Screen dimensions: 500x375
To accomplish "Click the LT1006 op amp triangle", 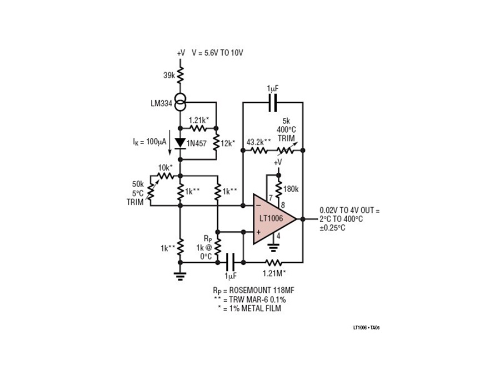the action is click(x=273, y=219).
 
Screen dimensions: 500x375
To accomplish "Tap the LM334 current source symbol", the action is click(x=181, y=102).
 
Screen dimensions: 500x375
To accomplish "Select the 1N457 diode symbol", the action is click(x=181, y=143).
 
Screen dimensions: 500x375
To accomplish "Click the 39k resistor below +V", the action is click(x=181, y=75).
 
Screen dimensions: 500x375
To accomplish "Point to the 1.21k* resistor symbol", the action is click(x=198, y=128).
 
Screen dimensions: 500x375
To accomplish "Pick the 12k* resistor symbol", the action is click(x=216, y=143).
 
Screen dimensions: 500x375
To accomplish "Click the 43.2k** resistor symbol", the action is click(x=259, y=150).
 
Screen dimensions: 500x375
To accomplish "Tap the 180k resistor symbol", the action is click(x=279, y=189).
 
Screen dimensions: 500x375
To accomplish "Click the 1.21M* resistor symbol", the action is click(x=274, y=262).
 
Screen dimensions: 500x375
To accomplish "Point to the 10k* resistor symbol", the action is click(x=164, y=176).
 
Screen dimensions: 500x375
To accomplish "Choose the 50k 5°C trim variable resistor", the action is click(x=151, y=191).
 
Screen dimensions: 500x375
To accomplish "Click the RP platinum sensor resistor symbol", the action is click(x=217, y=247).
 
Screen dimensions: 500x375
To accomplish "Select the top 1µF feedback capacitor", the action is click(x=273, y=102).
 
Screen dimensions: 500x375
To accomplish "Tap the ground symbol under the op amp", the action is click(x=273, y=247).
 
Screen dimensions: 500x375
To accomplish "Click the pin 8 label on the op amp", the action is click(x=283, y=205).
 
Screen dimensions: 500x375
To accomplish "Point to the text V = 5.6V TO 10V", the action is click(x=217, y=53).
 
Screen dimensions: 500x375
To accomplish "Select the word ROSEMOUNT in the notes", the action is click(x=249, y=291).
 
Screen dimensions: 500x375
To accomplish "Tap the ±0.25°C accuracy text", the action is click(x=332, y=228).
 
